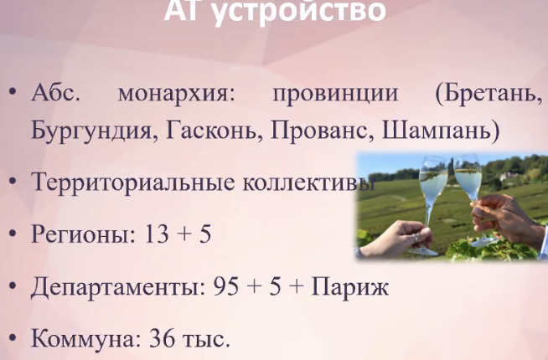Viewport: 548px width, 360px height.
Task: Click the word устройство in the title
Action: pos(299,11)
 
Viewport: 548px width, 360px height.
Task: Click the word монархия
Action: pos(177,95)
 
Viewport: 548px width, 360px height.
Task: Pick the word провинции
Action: pos(335,95)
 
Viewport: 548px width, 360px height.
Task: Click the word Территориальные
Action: pos(132,183)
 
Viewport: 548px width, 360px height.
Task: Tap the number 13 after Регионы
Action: pos(156,234)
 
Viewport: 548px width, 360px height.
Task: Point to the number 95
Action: pos(225,286)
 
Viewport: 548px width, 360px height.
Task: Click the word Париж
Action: pos(349,287)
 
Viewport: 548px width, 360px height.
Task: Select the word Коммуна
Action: pos(86,339)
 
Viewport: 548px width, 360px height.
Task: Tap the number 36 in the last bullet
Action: pos(162,338)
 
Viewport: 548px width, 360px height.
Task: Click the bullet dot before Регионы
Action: pos(13,234)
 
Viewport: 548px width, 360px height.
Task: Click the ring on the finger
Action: pos(415,238)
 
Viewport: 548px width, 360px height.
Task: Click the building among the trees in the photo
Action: pos(509,177)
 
